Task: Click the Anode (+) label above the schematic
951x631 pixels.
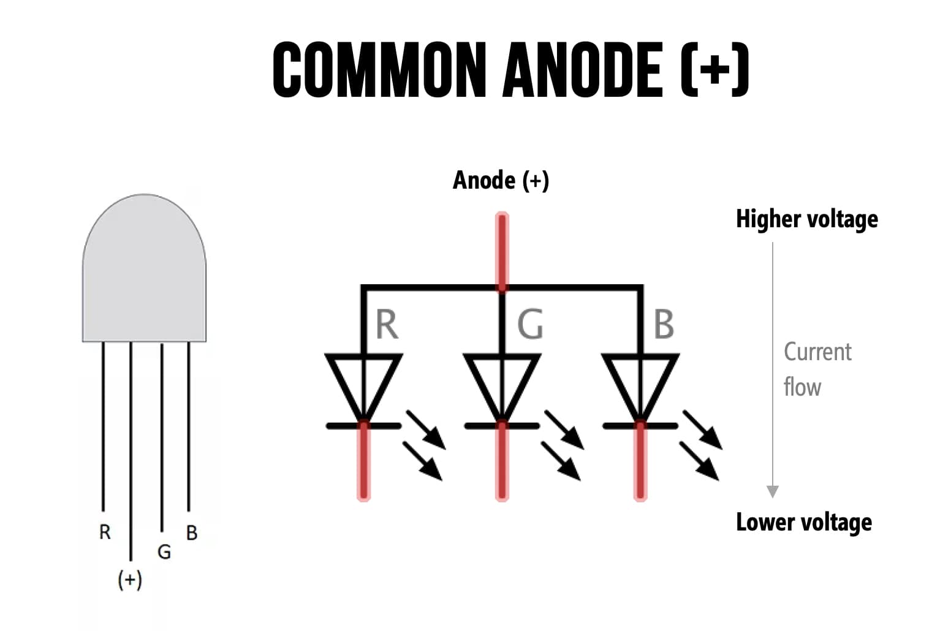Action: pos(501,180)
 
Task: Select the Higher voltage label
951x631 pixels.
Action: pos(806,219)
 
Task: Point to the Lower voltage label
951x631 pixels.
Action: pos(803,522)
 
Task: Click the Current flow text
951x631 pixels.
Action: pos(817,369)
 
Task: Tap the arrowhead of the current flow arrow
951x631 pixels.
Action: pos(773,491)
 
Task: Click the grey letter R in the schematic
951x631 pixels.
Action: pos(387,324)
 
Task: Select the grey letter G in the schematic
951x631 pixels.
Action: pos(530,324)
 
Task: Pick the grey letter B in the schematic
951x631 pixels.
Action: pos(664,324)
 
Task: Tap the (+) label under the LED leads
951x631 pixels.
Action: pos(130,579)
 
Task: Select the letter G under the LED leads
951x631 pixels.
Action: pos(164,552)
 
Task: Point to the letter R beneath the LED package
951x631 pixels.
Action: pos(105,532)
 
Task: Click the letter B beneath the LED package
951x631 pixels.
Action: pos(192,533)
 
